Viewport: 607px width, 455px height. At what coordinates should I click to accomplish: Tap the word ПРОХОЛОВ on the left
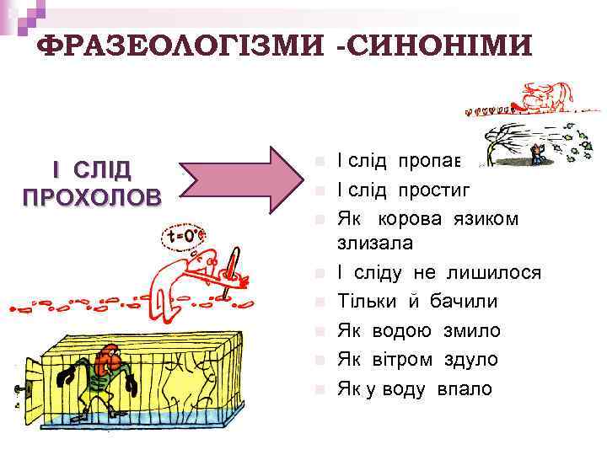tap(92, 198)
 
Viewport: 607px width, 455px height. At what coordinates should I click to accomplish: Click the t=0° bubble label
tap(185, 235)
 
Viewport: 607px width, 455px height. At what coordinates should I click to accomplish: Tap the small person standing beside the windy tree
tap(537, 153)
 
